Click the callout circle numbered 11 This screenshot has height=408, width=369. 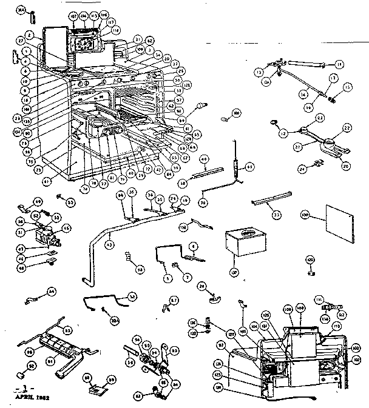pyautogui.click(x=339, y=63)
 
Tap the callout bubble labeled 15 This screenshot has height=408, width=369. pyautogui.click(x=347, y=87)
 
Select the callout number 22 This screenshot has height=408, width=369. pyautogui.click(x=348, y=127)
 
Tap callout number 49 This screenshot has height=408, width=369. pyautogui.click(x=38, y=202)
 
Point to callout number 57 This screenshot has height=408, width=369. pyautogui.click(x=174, y=299)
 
